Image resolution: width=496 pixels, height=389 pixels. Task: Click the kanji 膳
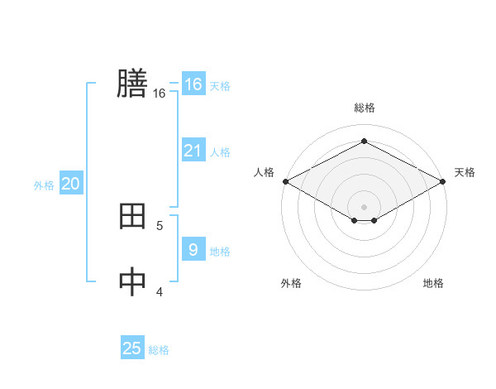pyautogui.click(x=132, y=84)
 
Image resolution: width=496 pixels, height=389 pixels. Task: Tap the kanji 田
pyautogui.click(x=132, y=217)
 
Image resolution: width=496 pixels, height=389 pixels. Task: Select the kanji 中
pyautogui.click(x=132, y=282)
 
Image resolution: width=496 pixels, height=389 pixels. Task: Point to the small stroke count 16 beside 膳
pyautogui.click(x=160, y=94)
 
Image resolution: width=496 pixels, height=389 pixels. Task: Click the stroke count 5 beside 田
pyautogui.click(x=160, y=225)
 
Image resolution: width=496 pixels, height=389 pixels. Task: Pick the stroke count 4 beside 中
pyautogui.click(x=160, y=291)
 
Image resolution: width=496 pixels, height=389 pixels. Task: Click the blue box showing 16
pyautogui.click(x=193, y=84)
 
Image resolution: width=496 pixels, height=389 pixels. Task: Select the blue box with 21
pyautogui.click(x=193, y=151)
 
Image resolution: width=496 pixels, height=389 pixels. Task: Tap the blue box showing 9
pyautogui.click(x=193, y=250)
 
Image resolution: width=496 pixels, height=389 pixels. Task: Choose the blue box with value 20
pyautogui.click(x=71, y=184)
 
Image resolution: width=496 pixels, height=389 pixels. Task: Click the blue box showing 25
pyautogui.click(x=132, y=348)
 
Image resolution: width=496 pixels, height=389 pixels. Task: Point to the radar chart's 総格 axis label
pyautogui.click(x=364, y=108)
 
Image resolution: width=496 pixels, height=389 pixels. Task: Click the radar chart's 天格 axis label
pyautogui.click(x=465, y=172)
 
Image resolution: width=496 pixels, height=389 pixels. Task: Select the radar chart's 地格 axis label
pyautogui.click(x=433, y=283)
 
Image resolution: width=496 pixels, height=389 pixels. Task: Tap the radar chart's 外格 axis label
pyautogui.click(x=291, y=283)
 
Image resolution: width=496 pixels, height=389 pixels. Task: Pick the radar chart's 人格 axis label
pyautogui.click(x=264, y=172)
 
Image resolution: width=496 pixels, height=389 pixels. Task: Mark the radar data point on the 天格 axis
pyautogui.click(x=444, y=180)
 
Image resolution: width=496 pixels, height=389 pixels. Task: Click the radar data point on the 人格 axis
pyautogui.click(x=285, y=180)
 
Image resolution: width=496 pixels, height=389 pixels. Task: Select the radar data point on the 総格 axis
pyautogui.click(x=364, y=141)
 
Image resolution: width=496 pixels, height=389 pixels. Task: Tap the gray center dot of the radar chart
pyautogui.click(x=364, y=206)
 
